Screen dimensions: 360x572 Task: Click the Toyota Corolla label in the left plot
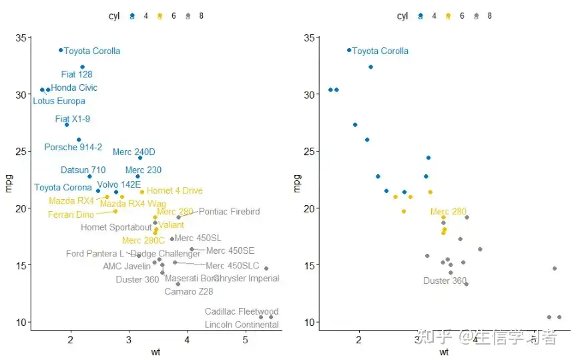tap(92, 51)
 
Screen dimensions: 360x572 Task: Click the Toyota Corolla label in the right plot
tap(380, 51)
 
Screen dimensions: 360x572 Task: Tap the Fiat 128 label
tap(77, 74)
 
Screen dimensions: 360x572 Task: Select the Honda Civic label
tap(74, 87)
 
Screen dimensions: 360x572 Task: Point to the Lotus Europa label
tap(59, 101)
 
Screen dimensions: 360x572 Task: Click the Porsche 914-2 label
tap(73, 147)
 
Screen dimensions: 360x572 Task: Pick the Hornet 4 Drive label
tap(175, 191)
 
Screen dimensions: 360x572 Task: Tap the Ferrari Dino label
tap(71, 214)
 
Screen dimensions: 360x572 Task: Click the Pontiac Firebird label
tap(229, 212)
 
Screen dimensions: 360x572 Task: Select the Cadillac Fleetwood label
tap(242, 311)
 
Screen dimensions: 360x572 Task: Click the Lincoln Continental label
tap(242, 325)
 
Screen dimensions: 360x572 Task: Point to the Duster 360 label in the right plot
tap(445, 281)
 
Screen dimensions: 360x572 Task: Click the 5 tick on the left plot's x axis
tap(246, 340)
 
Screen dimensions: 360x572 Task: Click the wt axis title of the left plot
tap(156, 352)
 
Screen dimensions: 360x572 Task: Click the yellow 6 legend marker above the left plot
tap(160, 16)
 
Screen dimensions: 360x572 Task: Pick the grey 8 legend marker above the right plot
tap(476, 16)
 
